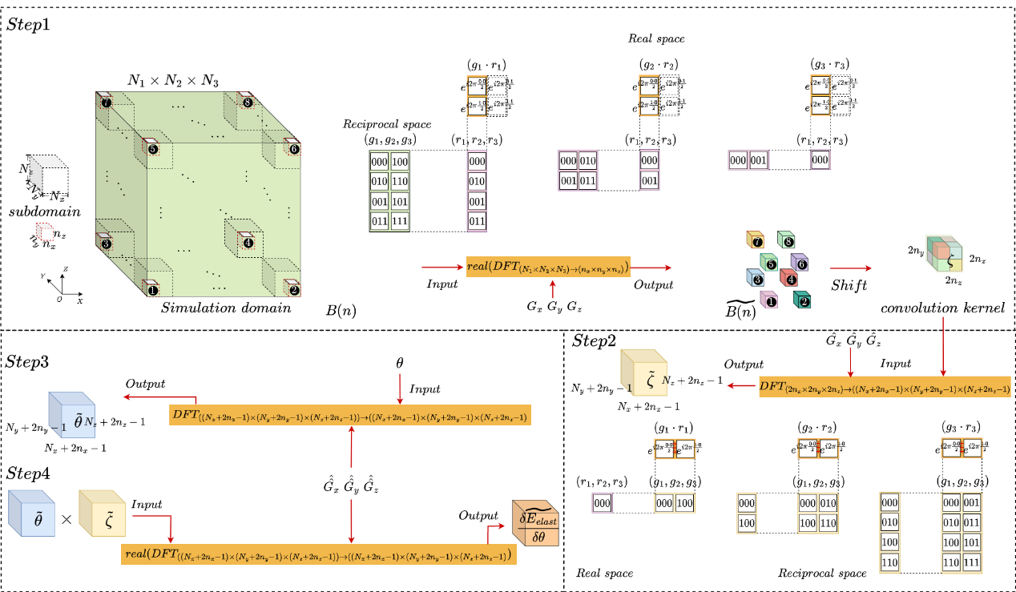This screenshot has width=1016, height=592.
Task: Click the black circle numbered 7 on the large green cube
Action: pyautogui.click(x=107, y=102)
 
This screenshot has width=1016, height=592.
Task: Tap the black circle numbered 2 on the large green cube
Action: pyautogui.click(x=294, y=291)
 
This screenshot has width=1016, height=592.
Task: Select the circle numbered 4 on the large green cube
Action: pyautogui.click(x=248, y=243)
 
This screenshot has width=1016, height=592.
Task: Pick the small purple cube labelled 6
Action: pyautogui.click(x=799, y=262)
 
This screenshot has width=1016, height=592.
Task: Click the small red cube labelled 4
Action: pyautogui.click(x=788, y=278)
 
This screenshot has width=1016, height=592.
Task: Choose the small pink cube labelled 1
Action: pyautogui.click(x=769, y=300)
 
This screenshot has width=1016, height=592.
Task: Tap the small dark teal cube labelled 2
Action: pyautogui.click(x=802, y=300)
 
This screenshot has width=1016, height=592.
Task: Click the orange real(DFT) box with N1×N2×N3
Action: pyautogui.click(x=548, y=267)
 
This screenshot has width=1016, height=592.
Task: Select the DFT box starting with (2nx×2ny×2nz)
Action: pyautogui.click(x=885, y=387)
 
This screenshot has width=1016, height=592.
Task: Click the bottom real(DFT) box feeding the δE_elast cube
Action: pyautogui.click(x=319, y=554)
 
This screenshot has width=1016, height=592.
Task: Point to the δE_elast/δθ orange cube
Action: pyautogui.click(x=535, y=524)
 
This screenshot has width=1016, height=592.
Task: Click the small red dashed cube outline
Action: pyautogui.click(x=44, y=232)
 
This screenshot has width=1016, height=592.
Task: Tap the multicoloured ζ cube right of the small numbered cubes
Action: pyautogui.click(x=945, y=254)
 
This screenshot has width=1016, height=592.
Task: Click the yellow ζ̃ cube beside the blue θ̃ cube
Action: pyautogui.click(x=103, y=513)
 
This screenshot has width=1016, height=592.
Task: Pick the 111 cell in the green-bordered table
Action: pyautogui.click(x=399, y=220)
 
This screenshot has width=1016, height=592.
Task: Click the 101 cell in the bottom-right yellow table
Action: pyautogui.click(x=971, y=542)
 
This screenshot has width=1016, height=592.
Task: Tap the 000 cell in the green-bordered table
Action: pyautogui.click(x=379, y=162)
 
